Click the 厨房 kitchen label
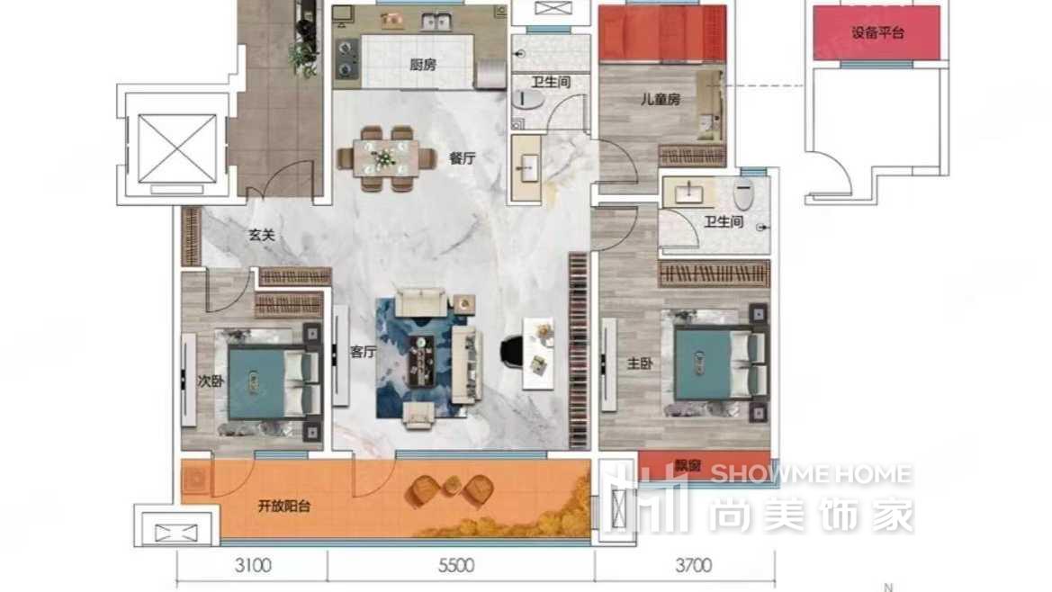423,65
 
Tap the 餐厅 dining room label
463,158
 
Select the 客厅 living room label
363,351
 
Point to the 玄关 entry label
262,236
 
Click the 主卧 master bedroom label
639,363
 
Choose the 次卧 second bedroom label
210,381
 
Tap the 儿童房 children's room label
661,99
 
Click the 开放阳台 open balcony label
284,507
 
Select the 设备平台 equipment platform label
877,32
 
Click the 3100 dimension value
253,566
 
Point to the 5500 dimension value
456,566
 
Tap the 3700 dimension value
694,566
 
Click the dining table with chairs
384,158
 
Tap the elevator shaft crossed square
177,148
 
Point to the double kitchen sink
436,22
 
